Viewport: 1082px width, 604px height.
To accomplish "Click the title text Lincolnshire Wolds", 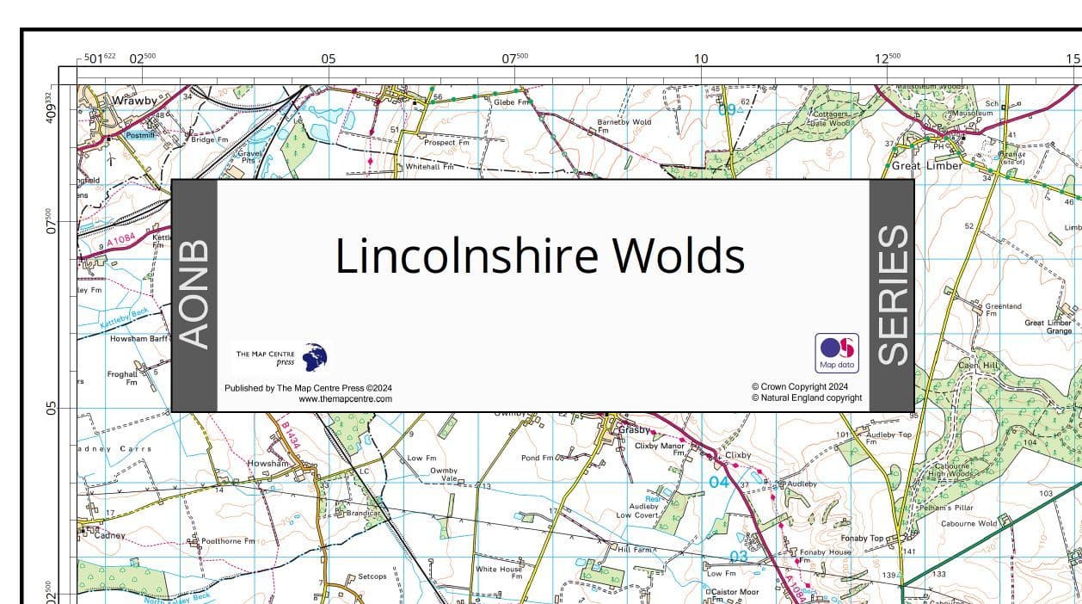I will point(539,256).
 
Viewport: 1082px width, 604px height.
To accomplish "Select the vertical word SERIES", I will point(892,295).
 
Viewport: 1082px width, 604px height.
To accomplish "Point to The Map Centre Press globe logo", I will point(315,357).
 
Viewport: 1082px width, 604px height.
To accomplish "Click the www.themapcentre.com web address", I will point(345,399).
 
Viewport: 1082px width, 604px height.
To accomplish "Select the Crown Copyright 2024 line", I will point(800,387).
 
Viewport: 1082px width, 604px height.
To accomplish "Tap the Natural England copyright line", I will point(807,398).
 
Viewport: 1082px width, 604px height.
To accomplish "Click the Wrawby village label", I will point(135,101).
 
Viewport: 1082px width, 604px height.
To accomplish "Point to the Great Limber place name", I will point(927,166).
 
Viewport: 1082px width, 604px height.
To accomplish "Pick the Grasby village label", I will point(636,429).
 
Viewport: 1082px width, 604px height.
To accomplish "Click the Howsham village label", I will point(268,464).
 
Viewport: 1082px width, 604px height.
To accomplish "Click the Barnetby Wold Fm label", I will point(624,126).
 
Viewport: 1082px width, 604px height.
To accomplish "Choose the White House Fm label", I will point(499,572).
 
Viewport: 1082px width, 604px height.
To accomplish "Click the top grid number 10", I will point(701,59).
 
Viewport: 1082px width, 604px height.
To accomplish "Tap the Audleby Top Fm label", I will point(888,438).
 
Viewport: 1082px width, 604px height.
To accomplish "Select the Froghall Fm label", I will point(122,378).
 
